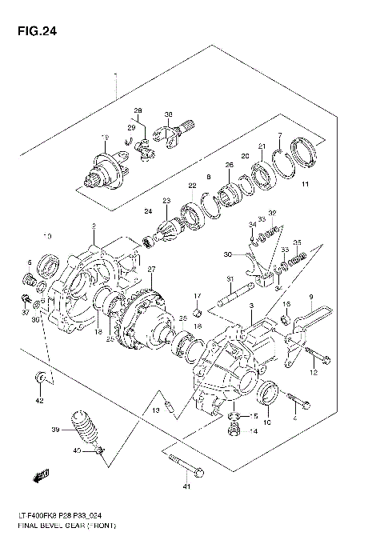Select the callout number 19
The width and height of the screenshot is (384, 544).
[104, 138]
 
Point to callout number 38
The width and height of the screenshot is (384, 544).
[169, 114]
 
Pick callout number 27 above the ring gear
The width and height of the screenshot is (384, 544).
[150, 269]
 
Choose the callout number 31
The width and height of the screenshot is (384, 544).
[228, 278]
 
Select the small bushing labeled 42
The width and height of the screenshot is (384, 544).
[39, 377]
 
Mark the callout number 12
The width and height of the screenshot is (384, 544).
[314, 372]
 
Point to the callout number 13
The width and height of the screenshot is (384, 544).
[157, 410]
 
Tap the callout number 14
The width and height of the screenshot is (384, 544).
[253, 432]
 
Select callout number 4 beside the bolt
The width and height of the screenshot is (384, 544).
[294, 418]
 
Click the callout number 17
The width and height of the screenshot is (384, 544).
[196, 297]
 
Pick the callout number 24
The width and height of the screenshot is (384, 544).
[147, 212]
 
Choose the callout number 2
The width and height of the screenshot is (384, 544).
[94, 226]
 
